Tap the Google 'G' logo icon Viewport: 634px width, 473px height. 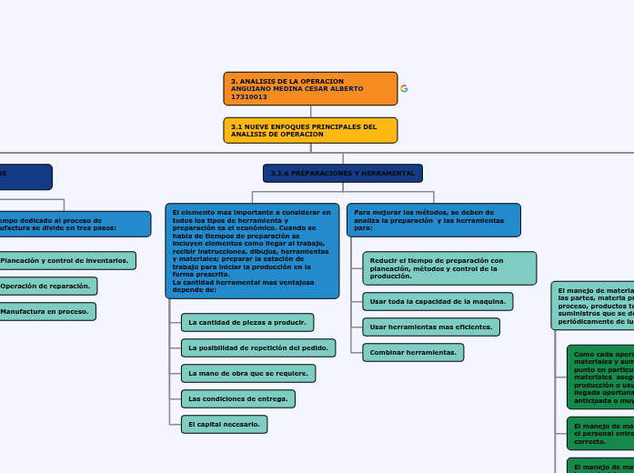(404, 88)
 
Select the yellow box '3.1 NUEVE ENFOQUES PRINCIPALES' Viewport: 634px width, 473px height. (310, 130)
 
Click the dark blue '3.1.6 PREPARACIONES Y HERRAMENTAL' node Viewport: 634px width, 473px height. (343, 173)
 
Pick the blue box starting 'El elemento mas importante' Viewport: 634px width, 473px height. (253, 250)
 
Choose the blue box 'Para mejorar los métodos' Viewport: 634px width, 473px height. (433, 219)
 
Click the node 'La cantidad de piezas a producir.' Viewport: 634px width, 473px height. (247, 322)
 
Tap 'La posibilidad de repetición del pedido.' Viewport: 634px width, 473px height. (257, 347)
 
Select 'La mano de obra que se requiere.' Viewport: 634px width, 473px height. (247, 373)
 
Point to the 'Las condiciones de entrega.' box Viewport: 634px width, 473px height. (237, 398)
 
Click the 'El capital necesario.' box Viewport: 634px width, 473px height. (224, 424)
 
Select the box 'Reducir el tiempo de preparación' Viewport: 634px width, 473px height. (448, 268)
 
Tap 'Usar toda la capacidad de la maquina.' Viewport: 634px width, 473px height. (438, 301)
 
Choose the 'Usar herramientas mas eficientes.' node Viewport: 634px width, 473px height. (430, 327)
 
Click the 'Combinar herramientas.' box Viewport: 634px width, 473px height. (413, 352)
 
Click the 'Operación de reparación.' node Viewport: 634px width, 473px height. (46, 286)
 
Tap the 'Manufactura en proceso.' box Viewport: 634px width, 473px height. (45, 311)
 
